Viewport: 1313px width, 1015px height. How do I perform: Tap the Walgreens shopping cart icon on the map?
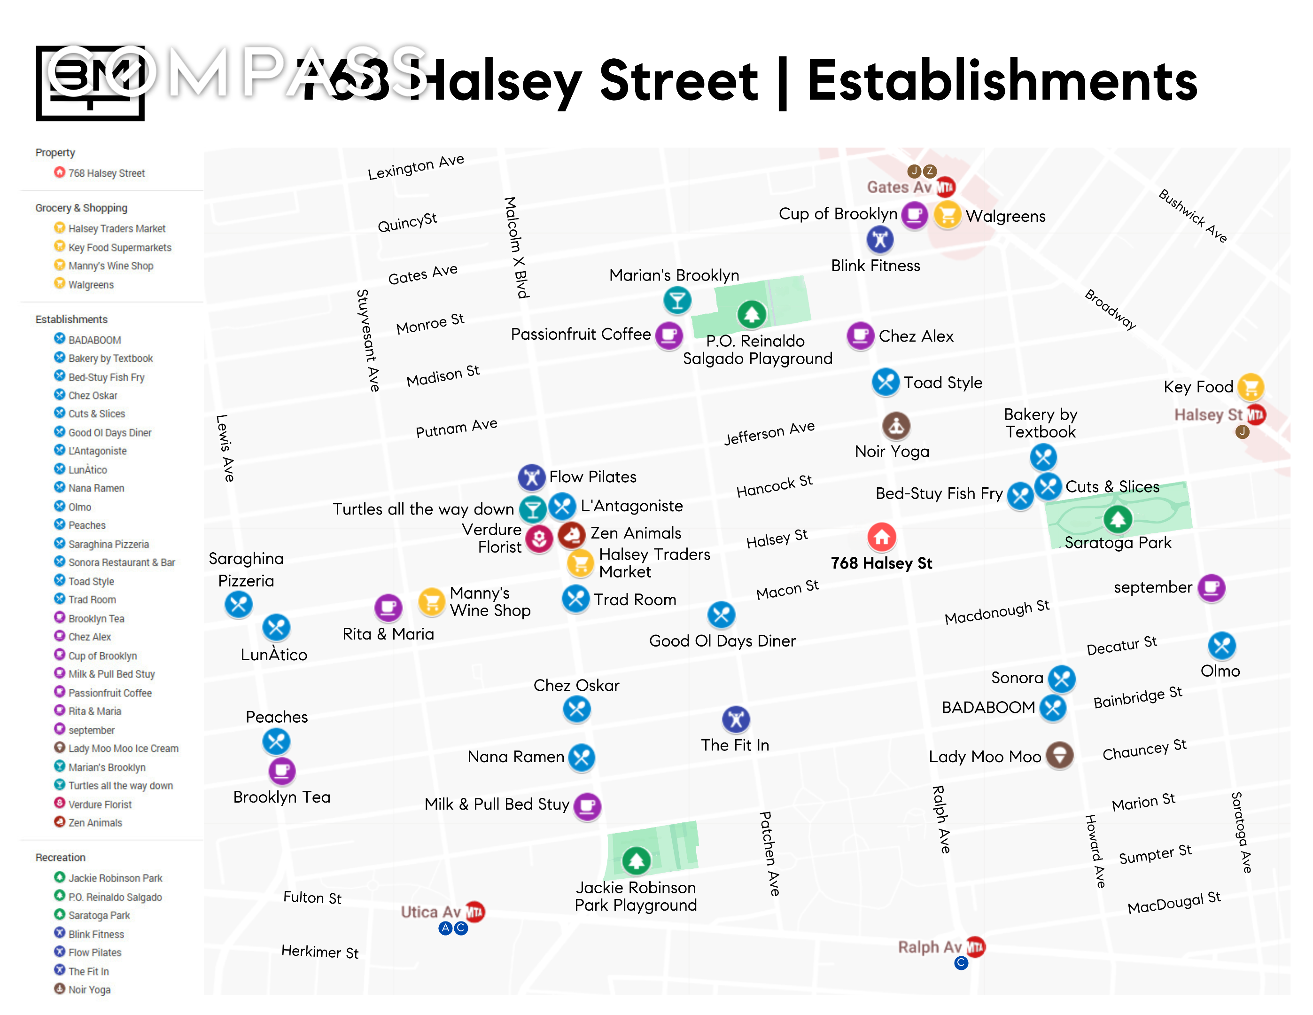point(947,215)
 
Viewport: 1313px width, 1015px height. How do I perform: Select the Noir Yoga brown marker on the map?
point(896,426)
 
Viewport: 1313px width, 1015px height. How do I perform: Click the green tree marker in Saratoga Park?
point(1117,518)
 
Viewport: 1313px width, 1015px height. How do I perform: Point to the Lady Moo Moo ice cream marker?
point(1059,755)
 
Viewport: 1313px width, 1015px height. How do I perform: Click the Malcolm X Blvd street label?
point(516,247)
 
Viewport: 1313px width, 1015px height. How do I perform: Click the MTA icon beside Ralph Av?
point(975,947)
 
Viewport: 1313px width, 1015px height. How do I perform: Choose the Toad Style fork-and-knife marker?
point(885,382)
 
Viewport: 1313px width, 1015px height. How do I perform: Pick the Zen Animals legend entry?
point(95,823)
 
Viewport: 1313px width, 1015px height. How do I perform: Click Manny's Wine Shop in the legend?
point(110,266)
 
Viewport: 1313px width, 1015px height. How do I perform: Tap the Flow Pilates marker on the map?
point(531,477)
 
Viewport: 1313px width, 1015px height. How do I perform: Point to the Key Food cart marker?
point(1251,387)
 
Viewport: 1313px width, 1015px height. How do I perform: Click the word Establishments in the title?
point(1002,82)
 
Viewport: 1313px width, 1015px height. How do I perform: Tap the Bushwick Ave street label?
point(1192,216)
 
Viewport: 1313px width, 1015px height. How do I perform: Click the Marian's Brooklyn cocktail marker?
point(677,300)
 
